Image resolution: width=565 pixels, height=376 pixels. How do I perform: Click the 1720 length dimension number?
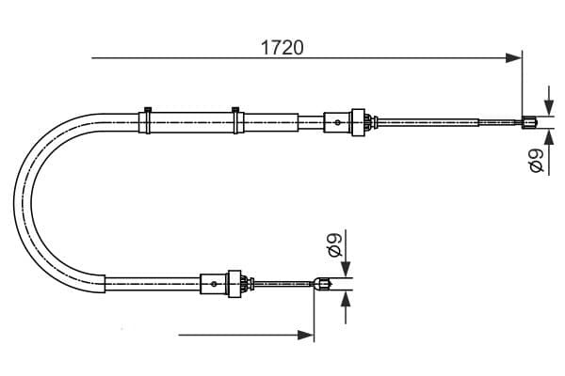click(x=282, y=47)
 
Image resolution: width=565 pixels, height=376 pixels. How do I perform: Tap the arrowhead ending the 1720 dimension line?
click(x=515, y=58)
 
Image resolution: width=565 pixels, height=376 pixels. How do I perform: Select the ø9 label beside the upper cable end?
click(x=537, y=161)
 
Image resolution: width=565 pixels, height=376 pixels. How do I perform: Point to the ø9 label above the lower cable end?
click(x=333, y=246)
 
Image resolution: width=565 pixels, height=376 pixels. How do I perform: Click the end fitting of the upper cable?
click(x=530, y=120)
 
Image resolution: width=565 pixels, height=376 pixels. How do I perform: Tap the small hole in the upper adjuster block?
click(x=337, y=120)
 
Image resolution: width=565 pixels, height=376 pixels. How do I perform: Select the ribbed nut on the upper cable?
click(x=358, y=120)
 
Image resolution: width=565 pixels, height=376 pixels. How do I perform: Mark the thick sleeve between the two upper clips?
click(x=192, y=121)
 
